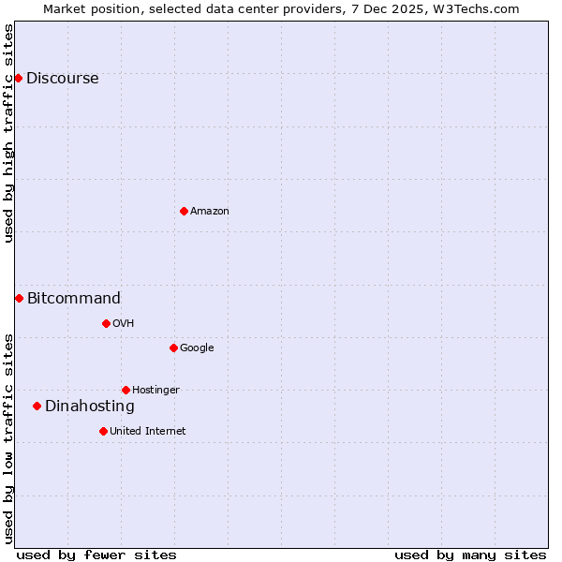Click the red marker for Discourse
point(18,78)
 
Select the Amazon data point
point(184,211)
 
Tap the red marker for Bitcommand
point(19,298)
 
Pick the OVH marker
point(106,323)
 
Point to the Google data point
point(173,348)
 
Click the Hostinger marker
point(126,390)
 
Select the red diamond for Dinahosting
point(37,406)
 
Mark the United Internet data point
point(103,431)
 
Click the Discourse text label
point(62,79)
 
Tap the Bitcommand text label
point(74,299)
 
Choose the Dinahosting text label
point(90,407)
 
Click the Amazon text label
point(210,212)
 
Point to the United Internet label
point(148,432)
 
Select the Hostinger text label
point(155,391)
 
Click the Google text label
point(197,348)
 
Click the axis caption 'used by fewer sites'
point(96,555)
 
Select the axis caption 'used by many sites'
point(470,555)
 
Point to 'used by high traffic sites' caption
point(8,133)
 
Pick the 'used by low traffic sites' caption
point(8,438)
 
